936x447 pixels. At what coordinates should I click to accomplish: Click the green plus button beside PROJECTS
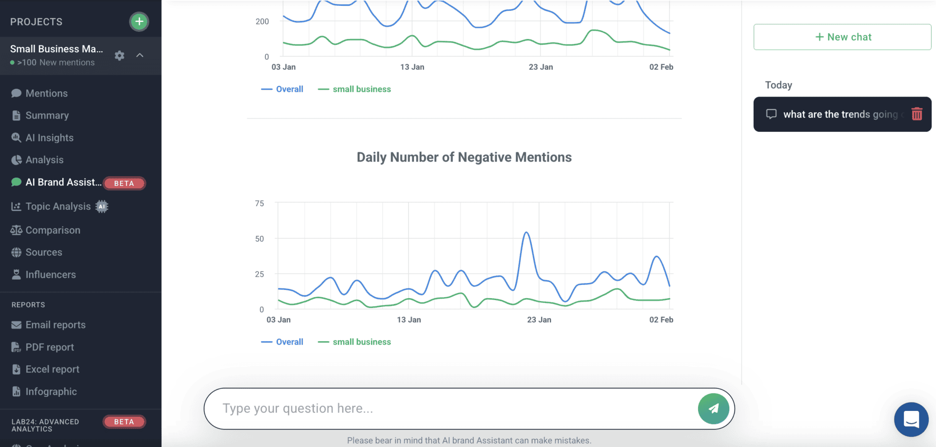pyautogui.click(x=139, y=21)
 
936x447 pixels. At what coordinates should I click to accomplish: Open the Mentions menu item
pyautogui.click(x=46, y=93)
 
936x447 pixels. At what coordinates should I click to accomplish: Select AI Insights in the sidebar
pyautogui.click(x=49, y=138)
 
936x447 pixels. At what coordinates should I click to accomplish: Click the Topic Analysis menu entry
pyautogui.click(x=58, y=206)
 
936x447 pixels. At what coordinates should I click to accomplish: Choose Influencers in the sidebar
pyautogui.click(x=51, y=274)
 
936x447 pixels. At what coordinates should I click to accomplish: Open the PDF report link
pyautogui.click(x=50, y=347)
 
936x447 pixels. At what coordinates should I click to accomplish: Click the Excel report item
pyautogui.click(x=52, y=369)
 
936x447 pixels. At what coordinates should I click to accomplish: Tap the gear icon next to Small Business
pyautogui.click(x=119, y=56)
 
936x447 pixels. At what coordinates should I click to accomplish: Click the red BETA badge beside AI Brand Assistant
pyautogui.click(x=124, y=183)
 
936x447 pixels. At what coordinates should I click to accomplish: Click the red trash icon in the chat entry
pyautogui.click(x=916, y=114)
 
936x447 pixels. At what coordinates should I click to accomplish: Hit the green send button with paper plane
pyautogui.click(x=713, y=408)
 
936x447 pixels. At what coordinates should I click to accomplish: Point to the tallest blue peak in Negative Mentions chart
pyautogui.click(x=526, y=233)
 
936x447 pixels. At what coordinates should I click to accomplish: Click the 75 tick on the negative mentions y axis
pyautogui.click(x=259, y=203)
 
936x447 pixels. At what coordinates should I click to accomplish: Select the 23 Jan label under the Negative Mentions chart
pyautogui.click(x=539, y=320)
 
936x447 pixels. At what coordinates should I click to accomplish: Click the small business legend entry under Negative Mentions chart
pyautogui.click(x=361, y=342)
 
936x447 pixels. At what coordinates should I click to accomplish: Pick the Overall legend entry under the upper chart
pyautogui.click(x=289, y=89)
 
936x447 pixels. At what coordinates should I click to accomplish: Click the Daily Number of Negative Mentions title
pyautogui.click(x=464, y=157)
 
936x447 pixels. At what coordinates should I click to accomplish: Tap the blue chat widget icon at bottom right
pyautogui.click(x=911, y=419)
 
